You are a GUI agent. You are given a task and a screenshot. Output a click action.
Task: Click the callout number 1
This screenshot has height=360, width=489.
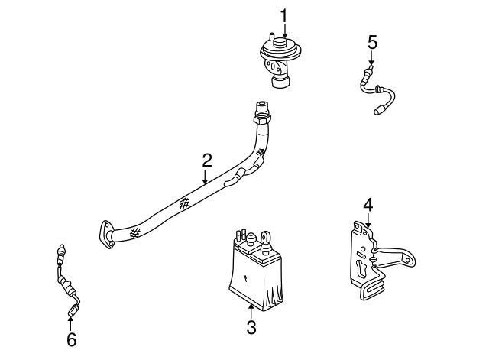click(x=283, y=15)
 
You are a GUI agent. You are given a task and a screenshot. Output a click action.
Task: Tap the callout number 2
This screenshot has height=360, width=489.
click(x=206, y=161)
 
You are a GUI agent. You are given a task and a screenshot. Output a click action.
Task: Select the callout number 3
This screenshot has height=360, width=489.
click(x=251, y=328)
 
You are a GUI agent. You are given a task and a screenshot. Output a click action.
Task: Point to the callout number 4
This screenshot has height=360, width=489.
click(x=368, y=204)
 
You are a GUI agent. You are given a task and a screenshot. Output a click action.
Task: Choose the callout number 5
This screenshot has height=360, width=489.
click(x=372, y=41)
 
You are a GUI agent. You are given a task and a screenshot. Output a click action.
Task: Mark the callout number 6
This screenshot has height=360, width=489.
click(x=71, y=339)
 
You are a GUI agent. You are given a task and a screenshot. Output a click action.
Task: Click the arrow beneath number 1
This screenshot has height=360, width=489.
click(x=283, y=31)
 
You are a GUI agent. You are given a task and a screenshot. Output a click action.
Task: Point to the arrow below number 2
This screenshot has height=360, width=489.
click(x=206, y=177)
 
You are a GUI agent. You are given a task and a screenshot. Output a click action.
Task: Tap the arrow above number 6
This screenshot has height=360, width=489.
click(x=71, y=321)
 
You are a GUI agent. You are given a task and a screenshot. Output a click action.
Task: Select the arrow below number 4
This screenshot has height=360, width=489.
click(x=368, y=220)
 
